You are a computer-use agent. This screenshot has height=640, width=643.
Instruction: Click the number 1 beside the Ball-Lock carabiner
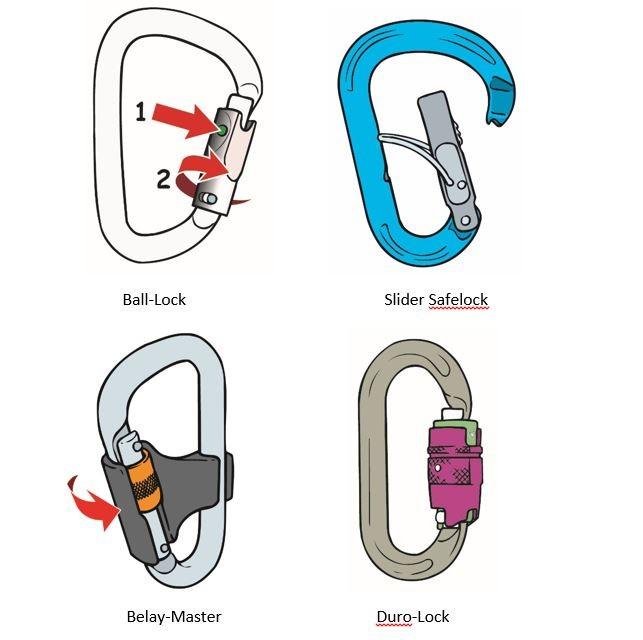[141, 112]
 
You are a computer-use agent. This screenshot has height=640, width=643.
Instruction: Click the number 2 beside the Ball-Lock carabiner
[163, 179]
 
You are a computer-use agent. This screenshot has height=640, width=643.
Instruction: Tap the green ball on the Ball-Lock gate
[222, 130]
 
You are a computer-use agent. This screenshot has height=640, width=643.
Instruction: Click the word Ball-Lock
[154, 299]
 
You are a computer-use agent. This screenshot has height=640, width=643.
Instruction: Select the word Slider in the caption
[404, 299]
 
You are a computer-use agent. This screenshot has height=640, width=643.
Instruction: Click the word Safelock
[458, 299]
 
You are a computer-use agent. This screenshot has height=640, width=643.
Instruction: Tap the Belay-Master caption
[174, 616]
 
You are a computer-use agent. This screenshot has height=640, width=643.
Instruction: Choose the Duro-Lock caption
[413, 616]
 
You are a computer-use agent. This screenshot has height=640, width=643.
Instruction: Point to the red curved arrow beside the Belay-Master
[93, 501]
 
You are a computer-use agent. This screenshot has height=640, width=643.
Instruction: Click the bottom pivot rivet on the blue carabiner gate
[465, 221]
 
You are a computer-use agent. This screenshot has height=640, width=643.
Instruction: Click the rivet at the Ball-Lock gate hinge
[211, 199]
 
